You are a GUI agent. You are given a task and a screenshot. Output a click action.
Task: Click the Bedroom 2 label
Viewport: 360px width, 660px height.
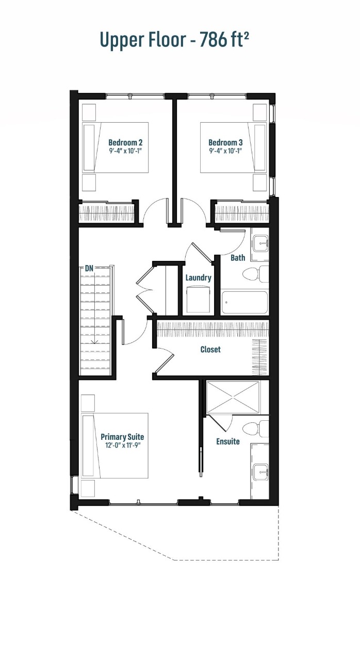tap(125, 142)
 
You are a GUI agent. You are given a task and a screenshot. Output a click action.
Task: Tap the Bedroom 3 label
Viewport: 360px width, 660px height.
tap(225, 142)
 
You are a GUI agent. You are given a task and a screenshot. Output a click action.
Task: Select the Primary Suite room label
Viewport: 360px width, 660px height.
tap(122, 436)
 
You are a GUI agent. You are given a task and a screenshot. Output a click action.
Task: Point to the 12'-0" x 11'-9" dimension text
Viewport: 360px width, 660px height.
tap(122, 445)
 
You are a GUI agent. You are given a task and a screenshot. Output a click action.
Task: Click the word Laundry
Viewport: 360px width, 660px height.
tap(199, 278)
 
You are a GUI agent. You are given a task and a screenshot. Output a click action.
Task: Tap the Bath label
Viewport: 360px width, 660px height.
tap(238, 257)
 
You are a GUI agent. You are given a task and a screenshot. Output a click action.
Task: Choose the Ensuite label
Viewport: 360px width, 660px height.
tap(228, 441)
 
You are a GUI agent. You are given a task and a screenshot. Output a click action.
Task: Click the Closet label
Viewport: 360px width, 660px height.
tap(210, 349)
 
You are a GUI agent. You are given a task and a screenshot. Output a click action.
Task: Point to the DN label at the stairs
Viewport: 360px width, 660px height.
tap(89, 268)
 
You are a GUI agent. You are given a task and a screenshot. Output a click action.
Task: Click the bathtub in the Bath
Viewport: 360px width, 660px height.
tap(245, 303)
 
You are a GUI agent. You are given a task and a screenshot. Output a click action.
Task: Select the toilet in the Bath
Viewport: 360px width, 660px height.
tap(257, 274)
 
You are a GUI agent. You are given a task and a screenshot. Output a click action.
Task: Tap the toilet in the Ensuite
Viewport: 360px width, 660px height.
tap(257, 428)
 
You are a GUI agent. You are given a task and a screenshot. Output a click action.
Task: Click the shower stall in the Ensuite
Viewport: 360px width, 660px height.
tap(233, 397)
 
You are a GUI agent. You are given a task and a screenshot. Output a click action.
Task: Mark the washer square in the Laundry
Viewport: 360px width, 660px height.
tap(198, 299)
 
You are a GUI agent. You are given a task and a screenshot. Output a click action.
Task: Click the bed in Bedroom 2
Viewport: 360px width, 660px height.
tap(116, 147)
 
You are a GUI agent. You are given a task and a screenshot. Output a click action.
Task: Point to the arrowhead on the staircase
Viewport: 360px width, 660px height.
tap(95, 341)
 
